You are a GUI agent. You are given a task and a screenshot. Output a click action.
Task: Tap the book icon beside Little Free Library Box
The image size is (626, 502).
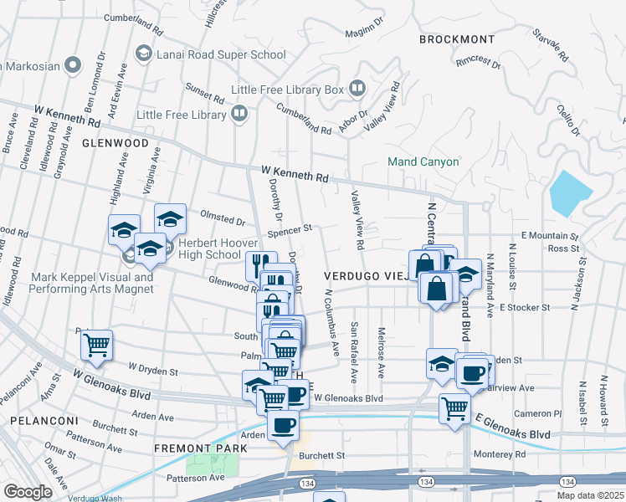click(357, 88)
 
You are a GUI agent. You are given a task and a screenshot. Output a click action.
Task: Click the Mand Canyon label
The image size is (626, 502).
click(423, 161)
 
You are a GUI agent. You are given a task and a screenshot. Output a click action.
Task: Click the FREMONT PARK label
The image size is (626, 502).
click(201, 448)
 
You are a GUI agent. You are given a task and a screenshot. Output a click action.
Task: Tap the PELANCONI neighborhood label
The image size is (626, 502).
click(39, 420)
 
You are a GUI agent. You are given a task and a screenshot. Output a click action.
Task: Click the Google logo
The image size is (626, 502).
click(27, 492)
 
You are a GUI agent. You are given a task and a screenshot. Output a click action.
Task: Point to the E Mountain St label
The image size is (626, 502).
click(549, 237)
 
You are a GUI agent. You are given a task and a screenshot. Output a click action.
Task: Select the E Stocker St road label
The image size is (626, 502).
click(524, 307)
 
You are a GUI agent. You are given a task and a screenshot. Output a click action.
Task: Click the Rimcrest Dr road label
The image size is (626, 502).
click(478, 63)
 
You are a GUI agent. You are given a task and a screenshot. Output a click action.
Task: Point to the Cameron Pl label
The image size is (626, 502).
click(537, 413)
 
